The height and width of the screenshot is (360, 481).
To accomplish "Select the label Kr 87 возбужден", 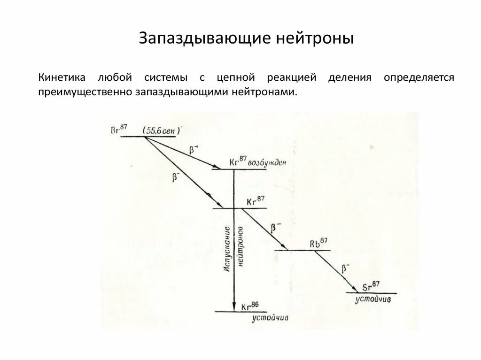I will pyautogui.click(x=257, y=161).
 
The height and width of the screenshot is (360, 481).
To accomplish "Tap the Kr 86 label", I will pyautogui.click(x=250, y=306).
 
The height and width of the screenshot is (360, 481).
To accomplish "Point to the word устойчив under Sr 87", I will pyautogui.click(x=373, y=299).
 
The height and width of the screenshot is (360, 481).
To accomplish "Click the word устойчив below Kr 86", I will pyautogui.click(x=269, y=318).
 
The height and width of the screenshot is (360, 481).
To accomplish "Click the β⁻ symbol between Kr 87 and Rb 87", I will pyautogui.click(x=276, y=228).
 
